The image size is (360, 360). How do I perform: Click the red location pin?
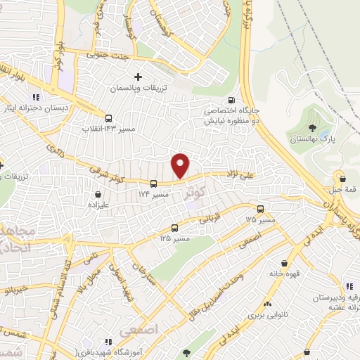[x=181, y=165]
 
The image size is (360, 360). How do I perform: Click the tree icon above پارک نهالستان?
[x=313, y=127]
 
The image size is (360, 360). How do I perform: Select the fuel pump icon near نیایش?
[x=231, y=100]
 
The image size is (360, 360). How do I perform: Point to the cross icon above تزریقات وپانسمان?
[x=138, y=77]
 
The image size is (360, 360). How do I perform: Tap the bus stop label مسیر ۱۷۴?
[x=153, y=193]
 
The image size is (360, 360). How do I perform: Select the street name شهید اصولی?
[x=125, y=285]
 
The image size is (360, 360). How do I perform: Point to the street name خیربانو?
[x=14, y=289]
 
